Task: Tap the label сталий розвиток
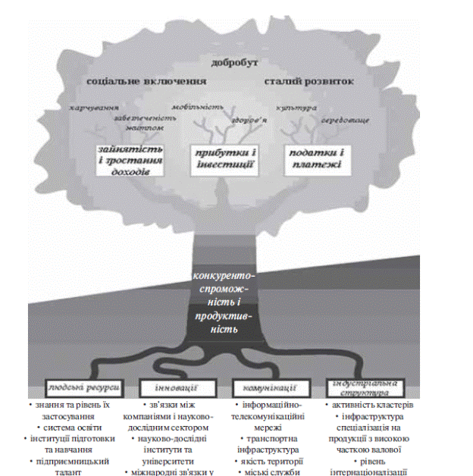309,80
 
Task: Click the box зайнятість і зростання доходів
130,160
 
